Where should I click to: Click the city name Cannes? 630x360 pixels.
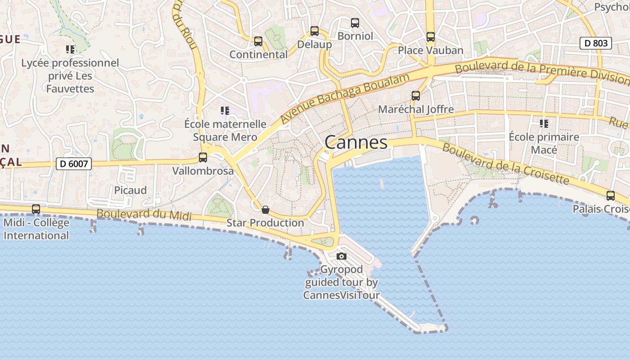355,142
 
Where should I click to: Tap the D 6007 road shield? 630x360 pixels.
74,164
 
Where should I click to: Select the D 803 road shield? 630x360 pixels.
595,43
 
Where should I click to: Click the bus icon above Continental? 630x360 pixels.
258,41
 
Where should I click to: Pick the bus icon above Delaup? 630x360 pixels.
315,31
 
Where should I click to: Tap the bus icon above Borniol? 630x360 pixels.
355,22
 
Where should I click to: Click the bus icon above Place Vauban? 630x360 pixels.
431,37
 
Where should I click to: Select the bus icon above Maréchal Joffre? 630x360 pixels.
416,95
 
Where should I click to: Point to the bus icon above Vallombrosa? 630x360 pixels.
203,157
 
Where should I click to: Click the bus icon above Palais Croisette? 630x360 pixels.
611,196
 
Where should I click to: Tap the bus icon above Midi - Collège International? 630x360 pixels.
36,209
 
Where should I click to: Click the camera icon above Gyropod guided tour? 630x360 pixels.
342,256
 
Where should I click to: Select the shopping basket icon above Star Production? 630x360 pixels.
265,210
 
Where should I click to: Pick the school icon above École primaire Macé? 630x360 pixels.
544,123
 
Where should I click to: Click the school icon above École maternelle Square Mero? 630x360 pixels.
225,110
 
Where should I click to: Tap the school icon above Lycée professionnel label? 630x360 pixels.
70,49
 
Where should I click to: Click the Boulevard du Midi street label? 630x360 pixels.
144,214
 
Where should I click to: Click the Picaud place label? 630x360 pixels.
130,190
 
